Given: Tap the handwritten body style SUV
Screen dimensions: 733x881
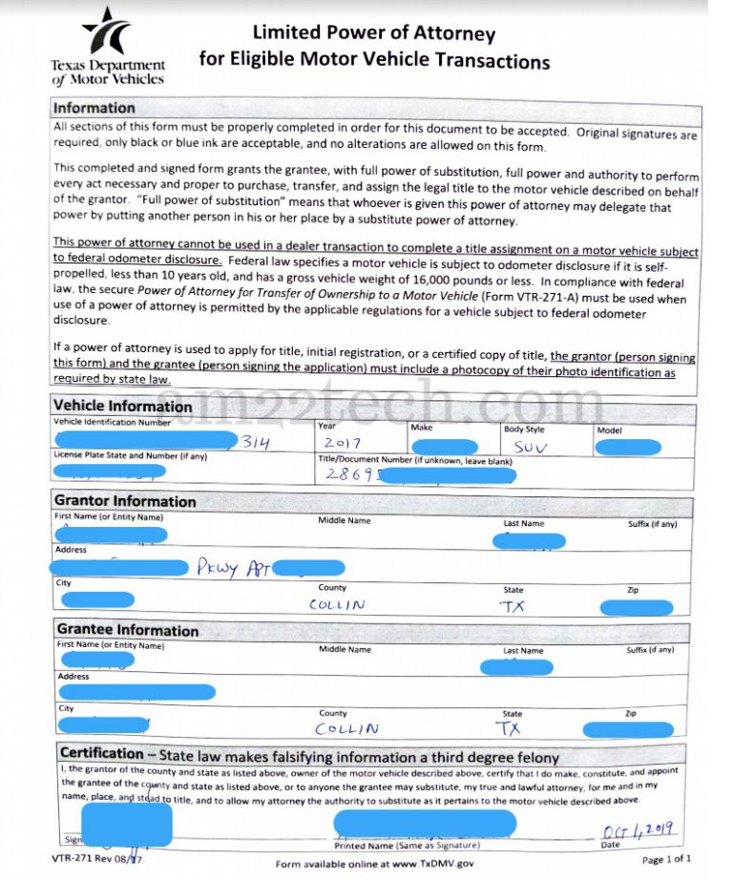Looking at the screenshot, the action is coord(530,446).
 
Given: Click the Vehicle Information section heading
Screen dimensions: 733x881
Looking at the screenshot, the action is coord(122,406).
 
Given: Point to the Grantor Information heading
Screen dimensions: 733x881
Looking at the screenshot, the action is coord(125,501).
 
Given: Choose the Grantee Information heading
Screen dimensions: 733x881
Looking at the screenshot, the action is coord(128,630).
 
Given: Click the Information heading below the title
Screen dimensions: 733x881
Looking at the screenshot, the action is coord(94,108).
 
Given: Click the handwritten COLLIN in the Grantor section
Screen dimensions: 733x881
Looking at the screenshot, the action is coord(336,604).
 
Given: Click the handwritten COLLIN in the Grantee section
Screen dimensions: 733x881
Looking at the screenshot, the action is coord(346,728).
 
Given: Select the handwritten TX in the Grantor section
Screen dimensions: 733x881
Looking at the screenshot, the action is coord(513,605).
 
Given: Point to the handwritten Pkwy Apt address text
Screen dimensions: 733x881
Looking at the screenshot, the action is coord(234,568).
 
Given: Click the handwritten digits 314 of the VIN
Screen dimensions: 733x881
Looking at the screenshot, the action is coord(256,443).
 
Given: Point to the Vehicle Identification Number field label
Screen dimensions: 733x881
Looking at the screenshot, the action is coord(113,422).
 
